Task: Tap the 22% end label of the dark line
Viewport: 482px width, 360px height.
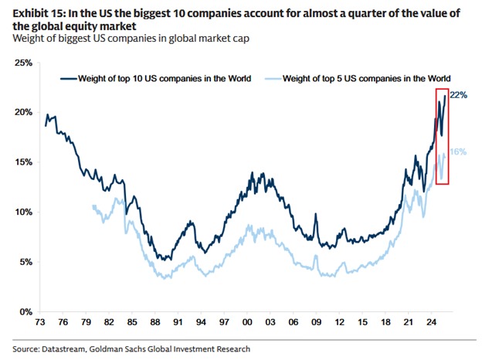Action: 459,94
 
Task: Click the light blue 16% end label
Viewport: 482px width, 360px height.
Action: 458,152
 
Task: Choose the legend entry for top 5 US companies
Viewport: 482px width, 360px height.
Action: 366,79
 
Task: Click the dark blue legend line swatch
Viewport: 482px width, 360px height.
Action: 76,79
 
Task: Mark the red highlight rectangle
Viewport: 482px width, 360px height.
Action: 437,136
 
